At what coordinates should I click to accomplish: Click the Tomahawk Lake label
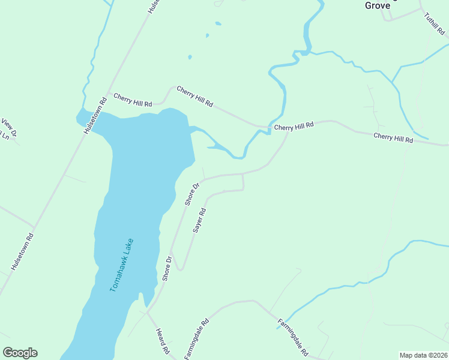pos(122,265)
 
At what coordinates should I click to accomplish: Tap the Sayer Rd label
pos(200,220)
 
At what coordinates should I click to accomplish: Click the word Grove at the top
pos(378,5)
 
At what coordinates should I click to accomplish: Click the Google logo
pos(20,353)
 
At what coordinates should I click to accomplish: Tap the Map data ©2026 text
pos(423,355)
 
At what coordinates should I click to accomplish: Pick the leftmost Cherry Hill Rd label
pos(133,98)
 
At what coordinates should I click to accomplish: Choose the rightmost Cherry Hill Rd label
pos(393,137)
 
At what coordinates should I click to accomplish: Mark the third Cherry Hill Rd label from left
pos(294,127)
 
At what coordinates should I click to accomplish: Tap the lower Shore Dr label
pos(167,268)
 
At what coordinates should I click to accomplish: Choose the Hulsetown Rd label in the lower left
pos(22,250)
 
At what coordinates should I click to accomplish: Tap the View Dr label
pos(8,127)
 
